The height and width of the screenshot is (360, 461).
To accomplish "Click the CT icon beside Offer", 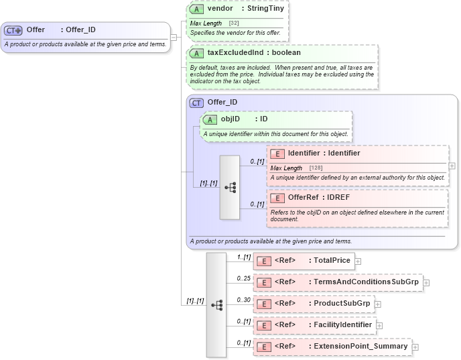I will coord(13,30).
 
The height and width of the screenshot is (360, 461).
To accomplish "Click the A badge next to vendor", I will coord(196,10).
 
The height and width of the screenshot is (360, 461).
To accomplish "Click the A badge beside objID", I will coord(210,119).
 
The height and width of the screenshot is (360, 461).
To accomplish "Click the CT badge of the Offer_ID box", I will coord(196,103).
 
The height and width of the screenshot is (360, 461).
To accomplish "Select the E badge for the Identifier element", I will coord(277,154).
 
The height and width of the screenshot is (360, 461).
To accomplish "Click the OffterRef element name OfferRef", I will coord(304,198).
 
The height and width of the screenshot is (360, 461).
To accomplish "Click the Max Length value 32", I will coord(234,23).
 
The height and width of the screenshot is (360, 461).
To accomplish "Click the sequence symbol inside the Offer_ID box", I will coord(230,188).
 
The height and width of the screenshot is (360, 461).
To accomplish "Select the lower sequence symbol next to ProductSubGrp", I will coord(216,304).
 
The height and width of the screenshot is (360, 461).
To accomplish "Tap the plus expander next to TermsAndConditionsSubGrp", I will coord(426,282).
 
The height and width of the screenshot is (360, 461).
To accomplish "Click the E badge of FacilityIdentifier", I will coord(264,325).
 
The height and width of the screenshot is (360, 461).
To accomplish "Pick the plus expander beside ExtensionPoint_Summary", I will coord(415,347).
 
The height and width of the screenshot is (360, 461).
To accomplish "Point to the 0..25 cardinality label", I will coord(243,278).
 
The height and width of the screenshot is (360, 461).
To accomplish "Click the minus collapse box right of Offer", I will coord(174,37).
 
